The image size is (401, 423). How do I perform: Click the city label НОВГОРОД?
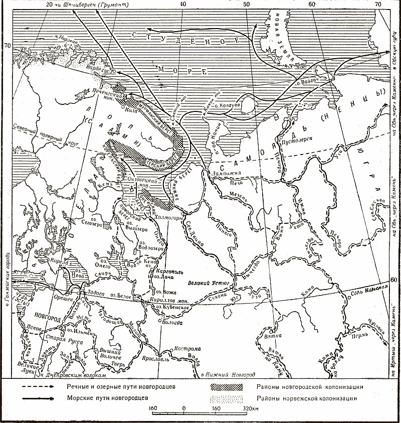point(49,318)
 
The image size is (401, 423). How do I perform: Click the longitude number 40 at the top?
point(182,5)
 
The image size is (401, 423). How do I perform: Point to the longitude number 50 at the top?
point(246,5)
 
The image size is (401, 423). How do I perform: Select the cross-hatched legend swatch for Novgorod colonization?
point(227,387)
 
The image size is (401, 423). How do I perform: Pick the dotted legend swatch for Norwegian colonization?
point(227,398)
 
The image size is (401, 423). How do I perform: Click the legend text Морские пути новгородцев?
point(107,398)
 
